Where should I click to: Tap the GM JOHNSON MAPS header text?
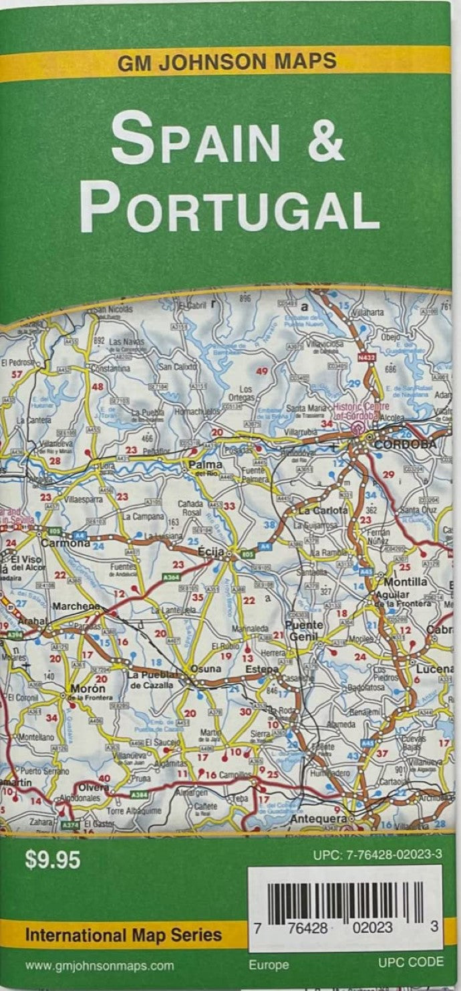click(x=227, y=62)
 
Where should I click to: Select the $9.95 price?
click(x=53, y=859)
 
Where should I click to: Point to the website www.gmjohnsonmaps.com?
click(x=100, y=965)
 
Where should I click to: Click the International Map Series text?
click(x=124, y=934)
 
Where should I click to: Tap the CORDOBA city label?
click(x=405, y=444)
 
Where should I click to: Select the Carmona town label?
click(x=65, y=543)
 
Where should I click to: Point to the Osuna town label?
click(x=205, y=669)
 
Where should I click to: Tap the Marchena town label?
click(x=75, y=607)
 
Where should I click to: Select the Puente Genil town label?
click(x=305, y=631)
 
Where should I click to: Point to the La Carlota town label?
click(x=323, y=510)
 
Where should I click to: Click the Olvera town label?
click(x=94, y=788)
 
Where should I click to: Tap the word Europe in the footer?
click(x=269, y=965)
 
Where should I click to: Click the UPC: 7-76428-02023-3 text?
click(x=377, y=855)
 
